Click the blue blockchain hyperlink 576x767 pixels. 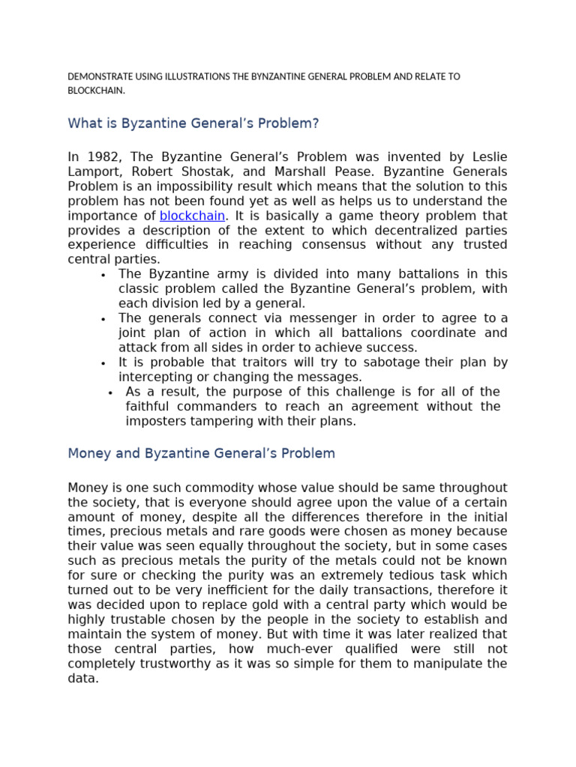[x=192, y=216]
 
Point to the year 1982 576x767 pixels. [x=103, y=157]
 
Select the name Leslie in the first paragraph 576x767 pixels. [x=490, y=157]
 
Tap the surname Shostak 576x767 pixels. [x=179, y=172]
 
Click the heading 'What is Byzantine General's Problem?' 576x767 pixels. [x=193, y=124]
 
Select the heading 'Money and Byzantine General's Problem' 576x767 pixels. [x=201, y=454]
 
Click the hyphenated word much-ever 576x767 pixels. [x=286, y=649]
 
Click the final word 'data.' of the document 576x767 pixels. [x=83, y=678]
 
